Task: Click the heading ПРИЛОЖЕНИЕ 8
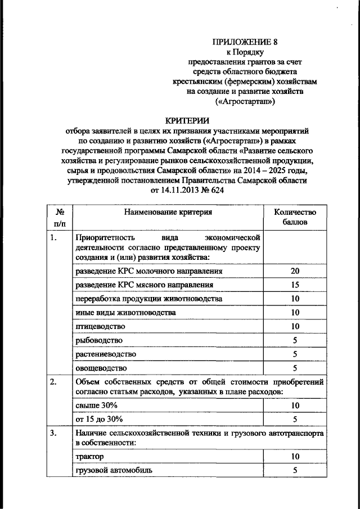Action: coord(245,41)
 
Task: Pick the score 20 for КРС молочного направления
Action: coord(295,271)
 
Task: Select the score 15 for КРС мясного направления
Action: coord(295,285)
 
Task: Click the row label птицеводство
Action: coord(100,326)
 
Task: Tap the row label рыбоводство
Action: coord(98,340)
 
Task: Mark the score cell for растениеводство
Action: coord(295,354)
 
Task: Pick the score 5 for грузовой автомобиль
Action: coord(295,470)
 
